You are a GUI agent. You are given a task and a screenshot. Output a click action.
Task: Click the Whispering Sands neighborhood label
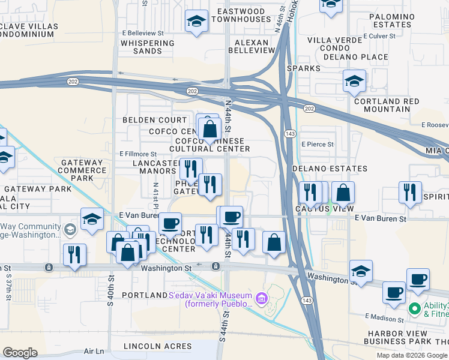[149, 47]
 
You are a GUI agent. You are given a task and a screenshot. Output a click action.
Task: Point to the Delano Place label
[355, 57]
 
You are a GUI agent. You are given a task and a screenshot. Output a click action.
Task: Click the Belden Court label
[147, 120]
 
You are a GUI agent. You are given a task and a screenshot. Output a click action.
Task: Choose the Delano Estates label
[330, 169]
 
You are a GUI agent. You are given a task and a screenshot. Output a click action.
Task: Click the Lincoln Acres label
[157, 346]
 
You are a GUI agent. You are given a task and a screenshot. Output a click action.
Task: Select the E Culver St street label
[376, 36]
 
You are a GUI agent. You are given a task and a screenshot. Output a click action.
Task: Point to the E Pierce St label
[317, 145]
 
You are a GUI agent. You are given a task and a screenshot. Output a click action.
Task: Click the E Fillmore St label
[138, 154]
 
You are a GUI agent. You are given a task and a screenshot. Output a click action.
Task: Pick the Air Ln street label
[94, 351]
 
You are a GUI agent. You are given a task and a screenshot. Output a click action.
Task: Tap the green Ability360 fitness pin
[414, 308]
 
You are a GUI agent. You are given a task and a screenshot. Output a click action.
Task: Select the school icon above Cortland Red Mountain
[354, 81]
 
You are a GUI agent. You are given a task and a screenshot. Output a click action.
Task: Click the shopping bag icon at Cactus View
[343, 193]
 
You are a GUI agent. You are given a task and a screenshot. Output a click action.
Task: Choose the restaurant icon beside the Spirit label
[411, 192]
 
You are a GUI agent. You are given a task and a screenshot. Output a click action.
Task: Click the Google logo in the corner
[20, 353]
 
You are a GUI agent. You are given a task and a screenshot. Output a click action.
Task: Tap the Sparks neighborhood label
[304, 68]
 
